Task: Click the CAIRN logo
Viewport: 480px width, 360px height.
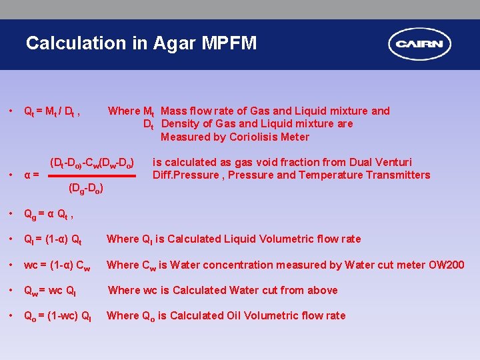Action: click(x=420, y=45)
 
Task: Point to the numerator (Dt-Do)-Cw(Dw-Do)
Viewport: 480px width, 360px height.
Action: click(x=93, y=163)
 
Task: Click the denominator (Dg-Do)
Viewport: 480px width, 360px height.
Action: click(x=86, y=189)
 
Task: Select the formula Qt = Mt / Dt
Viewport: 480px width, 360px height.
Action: click(x=52, y=111)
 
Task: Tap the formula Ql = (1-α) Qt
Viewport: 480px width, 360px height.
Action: click(x=53, y=239)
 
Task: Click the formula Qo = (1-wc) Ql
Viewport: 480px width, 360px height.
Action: click(x=57, y=316)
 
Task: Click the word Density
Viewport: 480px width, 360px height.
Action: click(x=181, y=124)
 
